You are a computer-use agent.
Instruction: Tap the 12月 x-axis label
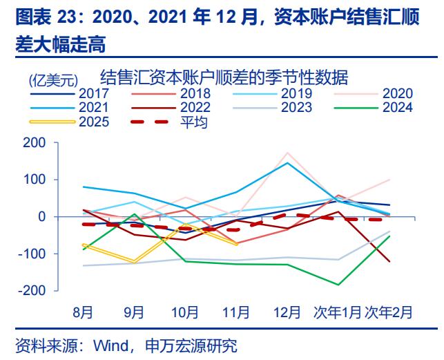coord(286,312)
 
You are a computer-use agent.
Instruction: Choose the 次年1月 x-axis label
coord(336,312)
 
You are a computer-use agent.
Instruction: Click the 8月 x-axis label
coord(84,312)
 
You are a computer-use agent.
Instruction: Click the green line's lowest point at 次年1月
coord(338,285)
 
